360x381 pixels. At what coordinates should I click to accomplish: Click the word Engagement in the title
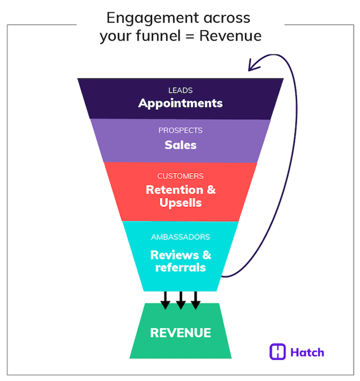click(x=144, y=18)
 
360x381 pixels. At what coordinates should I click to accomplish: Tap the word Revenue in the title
click(x=230, y=36)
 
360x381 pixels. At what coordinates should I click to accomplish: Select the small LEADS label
click(x=180, y=91)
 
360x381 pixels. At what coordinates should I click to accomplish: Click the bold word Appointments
click(x=180, y=103)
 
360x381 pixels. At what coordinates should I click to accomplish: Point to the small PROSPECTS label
click(x=180, y=130)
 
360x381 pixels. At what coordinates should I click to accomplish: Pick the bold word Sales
click(x=180, y=144)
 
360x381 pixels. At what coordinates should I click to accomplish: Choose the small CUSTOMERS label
click(x=180, y=176)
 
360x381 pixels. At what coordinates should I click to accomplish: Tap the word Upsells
click(x=180, y=203)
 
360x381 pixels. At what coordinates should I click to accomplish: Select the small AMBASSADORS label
click(x=180, y=237)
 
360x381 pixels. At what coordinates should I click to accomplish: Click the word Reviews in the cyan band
click(x=175, y=255)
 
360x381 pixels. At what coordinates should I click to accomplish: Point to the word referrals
click(x=180, y=268)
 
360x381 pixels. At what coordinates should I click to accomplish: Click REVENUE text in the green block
click(x=180, y=333)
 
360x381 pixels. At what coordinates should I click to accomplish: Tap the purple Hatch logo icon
click(x=278, y=352)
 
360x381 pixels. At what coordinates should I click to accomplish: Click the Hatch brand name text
click(x=307, y=353)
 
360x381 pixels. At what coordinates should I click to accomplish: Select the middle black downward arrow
click(x=180, y=301)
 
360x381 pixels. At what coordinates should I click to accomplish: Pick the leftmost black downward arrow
click(x=166, y=301)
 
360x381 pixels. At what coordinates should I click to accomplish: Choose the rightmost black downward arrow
click(x=196, y=301)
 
